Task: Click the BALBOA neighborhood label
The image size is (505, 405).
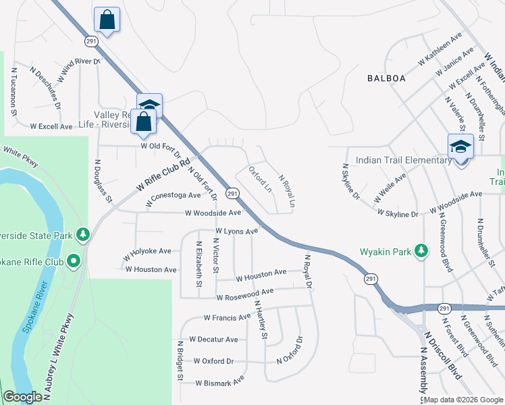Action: (386, 78)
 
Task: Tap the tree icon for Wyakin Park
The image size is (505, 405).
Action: (421, 250)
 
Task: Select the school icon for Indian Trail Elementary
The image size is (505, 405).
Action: (459, 146)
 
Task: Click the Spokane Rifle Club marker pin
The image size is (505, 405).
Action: (74, 261)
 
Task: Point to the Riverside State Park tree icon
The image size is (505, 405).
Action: (83, 234)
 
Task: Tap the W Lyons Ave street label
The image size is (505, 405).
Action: (236, 232)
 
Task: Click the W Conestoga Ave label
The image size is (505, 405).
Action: (174, 196)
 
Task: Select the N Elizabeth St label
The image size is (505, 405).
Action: (199, 264)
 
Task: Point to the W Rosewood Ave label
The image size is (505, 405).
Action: (244, 294)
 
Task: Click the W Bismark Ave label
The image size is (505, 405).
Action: (219, 383)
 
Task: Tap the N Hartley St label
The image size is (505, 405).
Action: (260, 320)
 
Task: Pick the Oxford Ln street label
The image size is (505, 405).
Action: (260, 179)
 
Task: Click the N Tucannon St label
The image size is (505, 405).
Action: (13, 91)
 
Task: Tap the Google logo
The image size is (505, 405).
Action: (22, 397)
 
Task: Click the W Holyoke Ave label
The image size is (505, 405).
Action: (147, 254)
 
